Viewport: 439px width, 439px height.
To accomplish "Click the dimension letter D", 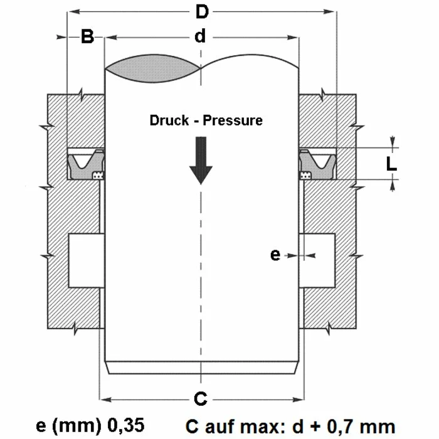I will tap(201, 12).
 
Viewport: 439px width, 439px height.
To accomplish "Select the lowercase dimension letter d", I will tap(199, 37).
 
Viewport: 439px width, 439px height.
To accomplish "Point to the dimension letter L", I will tap(391, 164).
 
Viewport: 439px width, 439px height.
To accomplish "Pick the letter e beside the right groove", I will tap(275, 255).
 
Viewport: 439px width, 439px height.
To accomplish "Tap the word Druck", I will tap(169, 120).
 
